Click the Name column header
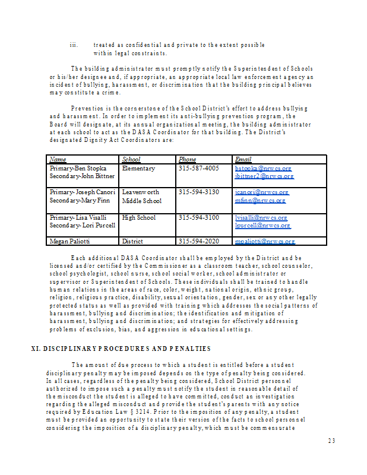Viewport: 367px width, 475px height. (x=58, y=159)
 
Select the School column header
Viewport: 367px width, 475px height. (x=131, y=159)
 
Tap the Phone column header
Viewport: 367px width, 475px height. (x=187, y=159)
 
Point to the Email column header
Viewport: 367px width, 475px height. (x=243, y=159)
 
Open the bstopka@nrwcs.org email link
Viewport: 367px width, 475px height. (x=263, y=169)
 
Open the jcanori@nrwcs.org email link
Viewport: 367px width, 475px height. (x=262, y=192)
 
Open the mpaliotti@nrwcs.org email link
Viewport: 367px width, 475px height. (x=265, y=242)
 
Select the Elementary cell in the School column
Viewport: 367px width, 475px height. (x=138, y=169)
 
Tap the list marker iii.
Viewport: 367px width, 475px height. (x=74, y=45)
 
